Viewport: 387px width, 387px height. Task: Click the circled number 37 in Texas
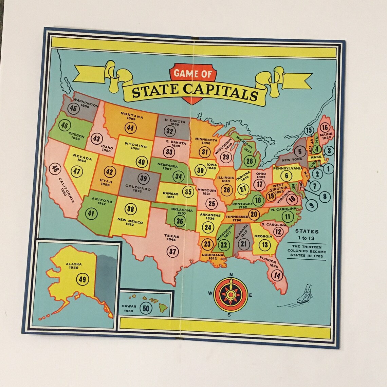point(173,251)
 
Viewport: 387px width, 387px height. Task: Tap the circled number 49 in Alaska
point(82,279)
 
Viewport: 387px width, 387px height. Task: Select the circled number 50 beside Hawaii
point(146,308)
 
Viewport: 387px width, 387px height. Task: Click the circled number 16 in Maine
point(325,128)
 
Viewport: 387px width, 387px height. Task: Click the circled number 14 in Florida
point(277,275)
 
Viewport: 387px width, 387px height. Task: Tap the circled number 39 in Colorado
point(144,179)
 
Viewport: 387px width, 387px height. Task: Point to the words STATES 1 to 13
point(307,235)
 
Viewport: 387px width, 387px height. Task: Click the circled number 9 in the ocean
point(311,205)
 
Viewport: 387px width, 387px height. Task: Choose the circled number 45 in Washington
point(73,109)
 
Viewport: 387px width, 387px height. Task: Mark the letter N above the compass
point(231,275)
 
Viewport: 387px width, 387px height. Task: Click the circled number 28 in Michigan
point(250,161)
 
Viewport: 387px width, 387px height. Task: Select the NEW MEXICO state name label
point(130,222)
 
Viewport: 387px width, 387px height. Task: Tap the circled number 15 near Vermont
point(309,130)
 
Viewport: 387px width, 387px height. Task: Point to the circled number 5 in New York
point(300,151)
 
